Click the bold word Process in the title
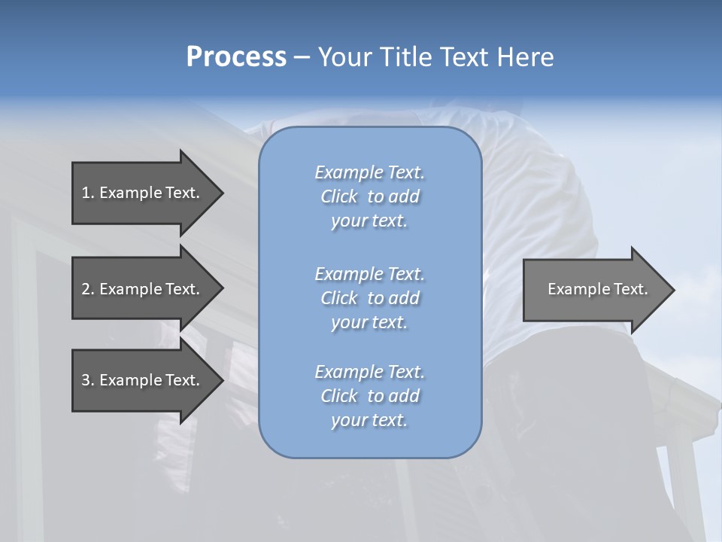[x=236, y=57]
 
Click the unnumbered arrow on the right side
[x=597, y=289]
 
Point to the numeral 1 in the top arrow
[x=86, y=193]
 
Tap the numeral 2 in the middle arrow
[x=86, y=289]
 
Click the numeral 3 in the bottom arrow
[x=86, y=380]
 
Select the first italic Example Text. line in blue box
[x=369, y=172]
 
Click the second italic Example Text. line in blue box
[x=369, y=273]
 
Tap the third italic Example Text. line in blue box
[x=369, y=372]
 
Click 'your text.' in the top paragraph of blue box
[x=369, y=221]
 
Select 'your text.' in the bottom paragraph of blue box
[x=369, y=420]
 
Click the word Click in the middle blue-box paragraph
[x=339, y=298]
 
